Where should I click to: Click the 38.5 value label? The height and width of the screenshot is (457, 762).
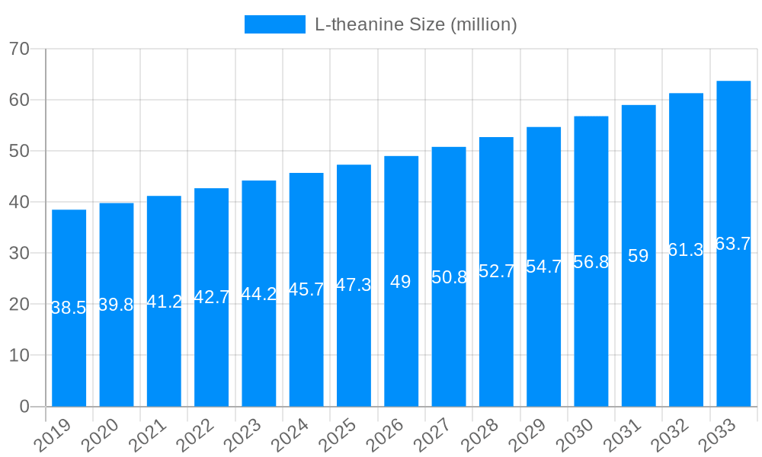pos(69,308)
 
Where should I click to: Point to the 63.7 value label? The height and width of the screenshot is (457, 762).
pos(733,244)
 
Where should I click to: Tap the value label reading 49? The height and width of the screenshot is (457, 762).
pos(401,282)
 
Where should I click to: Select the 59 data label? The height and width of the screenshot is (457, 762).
pos(639,256)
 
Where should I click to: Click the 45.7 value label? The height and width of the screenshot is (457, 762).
pos(306,289)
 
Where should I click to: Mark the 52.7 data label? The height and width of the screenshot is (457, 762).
pos(496,271)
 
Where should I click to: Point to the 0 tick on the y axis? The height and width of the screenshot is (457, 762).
pos(24,407)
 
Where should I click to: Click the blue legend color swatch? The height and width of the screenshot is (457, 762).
pos(274,24)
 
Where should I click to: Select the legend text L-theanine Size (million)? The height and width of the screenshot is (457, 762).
pos(416,24)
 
